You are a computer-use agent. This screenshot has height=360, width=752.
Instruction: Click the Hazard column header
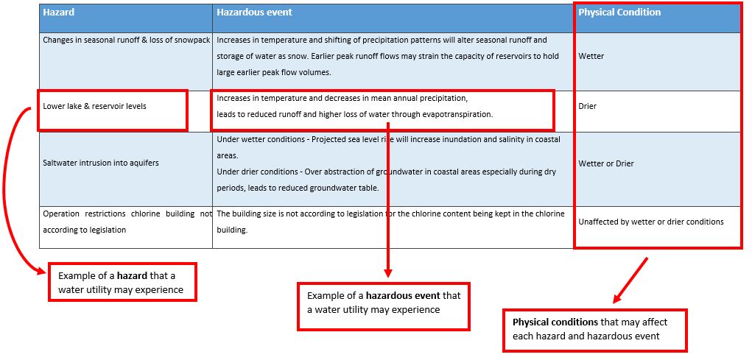(58, 13)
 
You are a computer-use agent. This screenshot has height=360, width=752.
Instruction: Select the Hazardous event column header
(254, 13)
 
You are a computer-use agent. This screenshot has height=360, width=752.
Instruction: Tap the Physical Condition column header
(619, 13)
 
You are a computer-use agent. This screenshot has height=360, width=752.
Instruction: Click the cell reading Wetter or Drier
(605, 164)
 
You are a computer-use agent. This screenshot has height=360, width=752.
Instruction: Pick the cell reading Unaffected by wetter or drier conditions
(651, 222)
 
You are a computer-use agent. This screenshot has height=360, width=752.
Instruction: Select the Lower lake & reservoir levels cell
(94, 107)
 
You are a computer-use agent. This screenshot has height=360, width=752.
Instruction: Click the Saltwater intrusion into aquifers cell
(101, 163)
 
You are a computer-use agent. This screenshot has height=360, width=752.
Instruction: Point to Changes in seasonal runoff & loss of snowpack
(127, 40)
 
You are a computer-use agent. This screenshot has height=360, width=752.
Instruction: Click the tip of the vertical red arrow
(388, 277)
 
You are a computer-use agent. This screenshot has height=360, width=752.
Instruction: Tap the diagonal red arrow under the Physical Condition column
(630, 281)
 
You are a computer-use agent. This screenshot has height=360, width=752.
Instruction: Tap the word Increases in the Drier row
(233, 98)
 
